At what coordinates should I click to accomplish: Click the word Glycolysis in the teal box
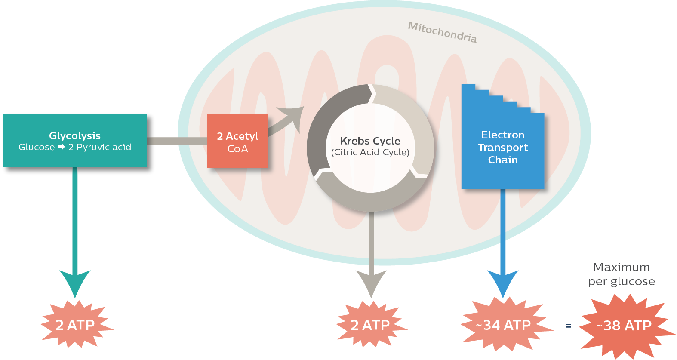(x=75, y=136)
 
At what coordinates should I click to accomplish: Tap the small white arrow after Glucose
(x=62, y=147)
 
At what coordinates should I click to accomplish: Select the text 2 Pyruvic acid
(x=100, y=147)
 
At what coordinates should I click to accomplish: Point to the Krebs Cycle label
(x=370, y=141)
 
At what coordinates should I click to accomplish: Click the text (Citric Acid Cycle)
(x=370, y=152)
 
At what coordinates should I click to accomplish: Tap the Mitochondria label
(x=442, y=32)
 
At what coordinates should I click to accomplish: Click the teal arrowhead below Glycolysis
(x=75, y=282)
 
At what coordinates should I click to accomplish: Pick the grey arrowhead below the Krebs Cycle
(x=371, y=282)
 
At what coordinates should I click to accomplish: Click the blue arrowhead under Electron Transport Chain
(x=503, y=282)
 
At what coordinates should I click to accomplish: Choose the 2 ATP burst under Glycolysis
(x=75, y=325)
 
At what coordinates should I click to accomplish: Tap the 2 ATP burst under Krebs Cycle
(x=370, y=325)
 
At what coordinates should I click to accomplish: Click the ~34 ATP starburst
(x=504, y=325)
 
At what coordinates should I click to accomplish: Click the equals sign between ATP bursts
(x=568, y=326)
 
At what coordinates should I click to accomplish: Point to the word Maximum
(x=621, y=267)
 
